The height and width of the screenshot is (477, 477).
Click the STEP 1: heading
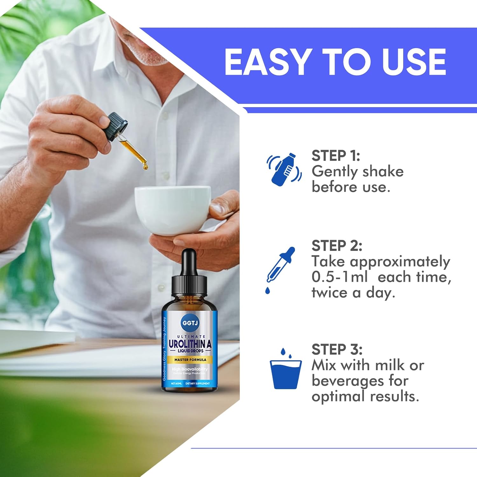(x=335, y=156)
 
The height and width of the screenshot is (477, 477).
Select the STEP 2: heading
(x=336, y=246)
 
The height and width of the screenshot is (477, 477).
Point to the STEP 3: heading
(x=337, y=349)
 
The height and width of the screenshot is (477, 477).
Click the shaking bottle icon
(x=284, y=169)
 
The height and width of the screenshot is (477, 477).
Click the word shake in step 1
(x=383, y=172)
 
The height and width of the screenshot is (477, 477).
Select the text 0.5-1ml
(x=339, y=277)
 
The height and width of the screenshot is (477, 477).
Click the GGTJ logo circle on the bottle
(x=190, y=323)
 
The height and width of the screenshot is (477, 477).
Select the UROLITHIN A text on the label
(x=190, y=344)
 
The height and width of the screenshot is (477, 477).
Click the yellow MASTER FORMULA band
(x=190, y=360)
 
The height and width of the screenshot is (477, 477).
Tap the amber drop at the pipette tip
(x=146, y=166)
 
